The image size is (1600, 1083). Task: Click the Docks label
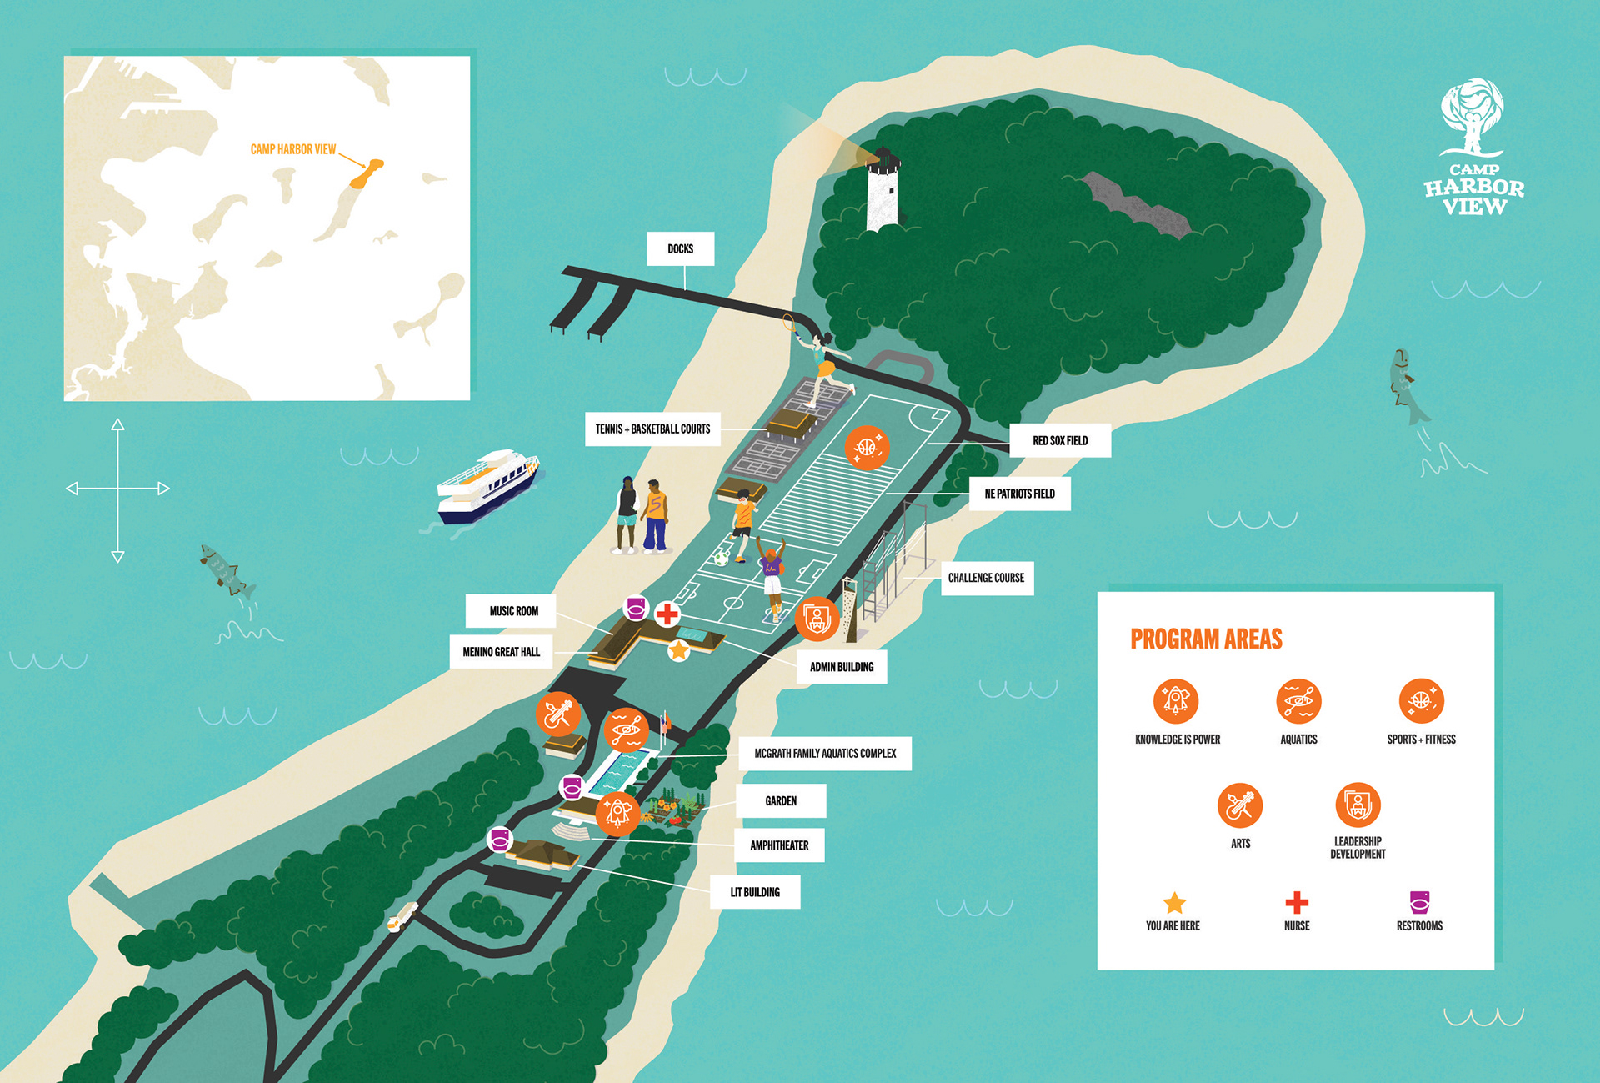click(680, 248)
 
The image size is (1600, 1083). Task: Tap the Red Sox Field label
click(1060, 440)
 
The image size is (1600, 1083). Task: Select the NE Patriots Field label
click(1019, 494)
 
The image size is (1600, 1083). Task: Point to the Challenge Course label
click(987, 578)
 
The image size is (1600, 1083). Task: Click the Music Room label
click(513, 611)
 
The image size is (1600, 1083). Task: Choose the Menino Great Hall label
click(501, 652)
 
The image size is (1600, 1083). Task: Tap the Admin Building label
click(842, 667)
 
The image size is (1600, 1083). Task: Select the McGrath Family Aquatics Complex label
click(825, 754)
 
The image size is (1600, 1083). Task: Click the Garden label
click(781, 801)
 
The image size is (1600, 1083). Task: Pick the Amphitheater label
click(779, 845)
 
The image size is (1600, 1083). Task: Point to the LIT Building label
click(755, 892)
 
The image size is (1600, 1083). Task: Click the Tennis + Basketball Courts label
click(652, 429)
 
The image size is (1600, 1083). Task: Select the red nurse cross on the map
click(667, 615)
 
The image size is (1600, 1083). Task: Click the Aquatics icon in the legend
click(1298, 701)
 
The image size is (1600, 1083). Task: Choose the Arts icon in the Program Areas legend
click(1240, 805)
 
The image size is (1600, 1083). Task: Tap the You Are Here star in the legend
click(1174, 903)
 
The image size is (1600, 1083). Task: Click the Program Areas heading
click(1206, 639)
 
